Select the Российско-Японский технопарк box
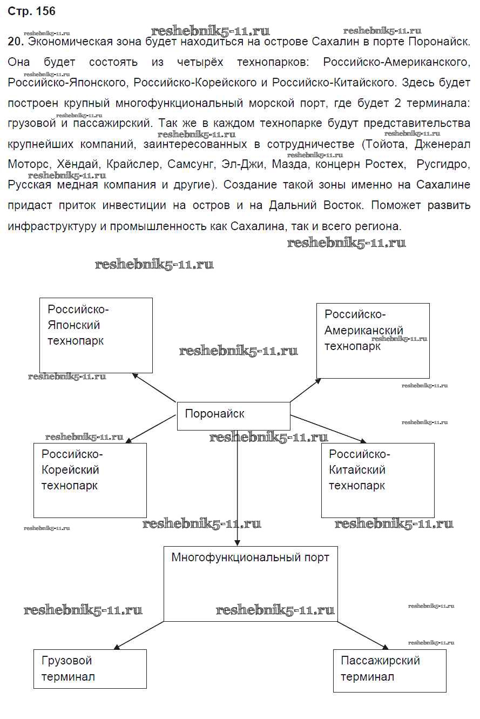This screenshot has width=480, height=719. (96, 335)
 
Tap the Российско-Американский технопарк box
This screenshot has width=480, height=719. (373, 340)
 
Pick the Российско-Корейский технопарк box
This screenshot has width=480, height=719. (90, 480)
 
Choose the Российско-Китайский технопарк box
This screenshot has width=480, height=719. (377, 480)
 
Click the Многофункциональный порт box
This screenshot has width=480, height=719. (251, 583)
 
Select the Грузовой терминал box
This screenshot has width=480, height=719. (90, 669)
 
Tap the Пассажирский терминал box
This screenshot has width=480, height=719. (389, 670)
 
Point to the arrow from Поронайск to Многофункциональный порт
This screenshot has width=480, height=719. (237, 486)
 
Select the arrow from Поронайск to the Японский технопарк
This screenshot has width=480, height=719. (154, 387)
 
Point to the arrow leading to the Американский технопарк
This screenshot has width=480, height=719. (305, 390)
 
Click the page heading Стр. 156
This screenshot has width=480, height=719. (31, 11)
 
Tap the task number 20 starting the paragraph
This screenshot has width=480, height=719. (15, 42)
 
